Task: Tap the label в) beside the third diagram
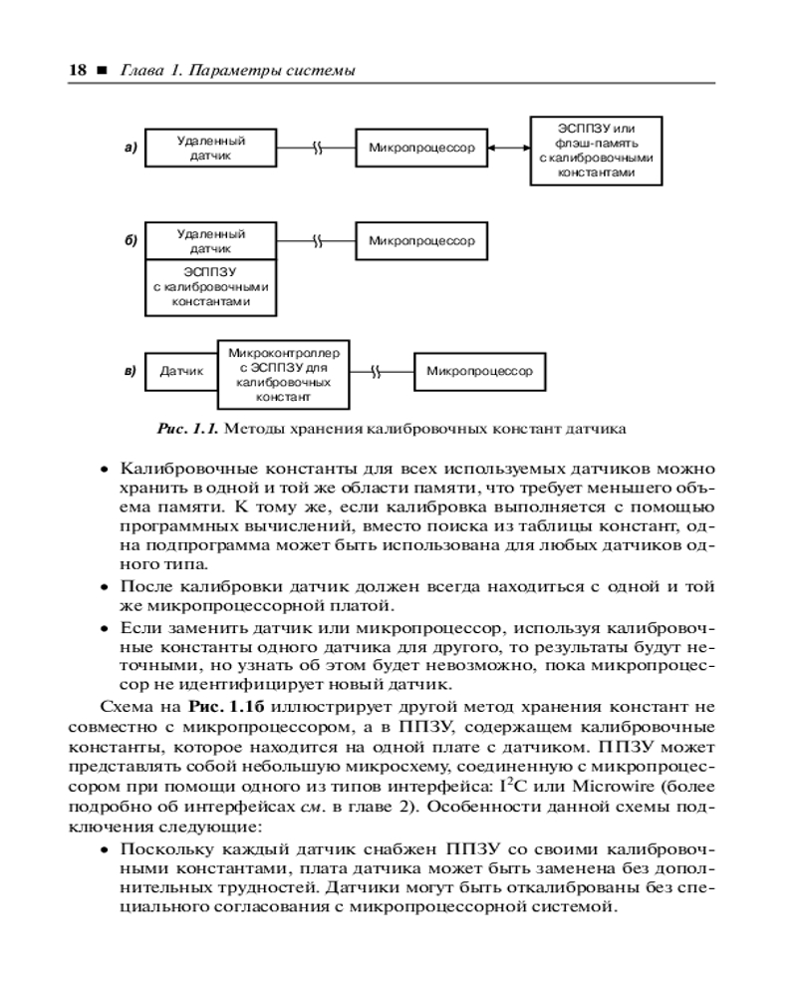click(130, 372)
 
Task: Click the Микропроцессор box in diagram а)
click(421, 149)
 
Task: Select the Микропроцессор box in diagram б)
click(421, 241)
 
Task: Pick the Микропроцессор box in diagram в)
click(479, 372)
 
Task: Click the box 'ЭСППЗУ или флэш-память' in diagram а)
click(595, 150)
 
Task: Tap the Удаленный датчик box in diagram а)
click(210, 149)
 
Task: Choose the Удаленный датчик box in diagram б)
click(210, 240)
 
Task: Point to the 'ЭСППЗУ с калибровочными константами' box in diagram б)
click(210, 285)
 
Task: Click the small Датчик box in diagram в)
click(181, 372)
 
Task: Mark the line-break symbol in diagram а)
click(317, 149)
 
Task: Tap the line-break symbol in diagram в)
click(376, 372)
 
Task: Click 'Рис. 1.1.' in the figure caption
click(187, 430)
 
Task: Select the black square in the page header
click(102, 71)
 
